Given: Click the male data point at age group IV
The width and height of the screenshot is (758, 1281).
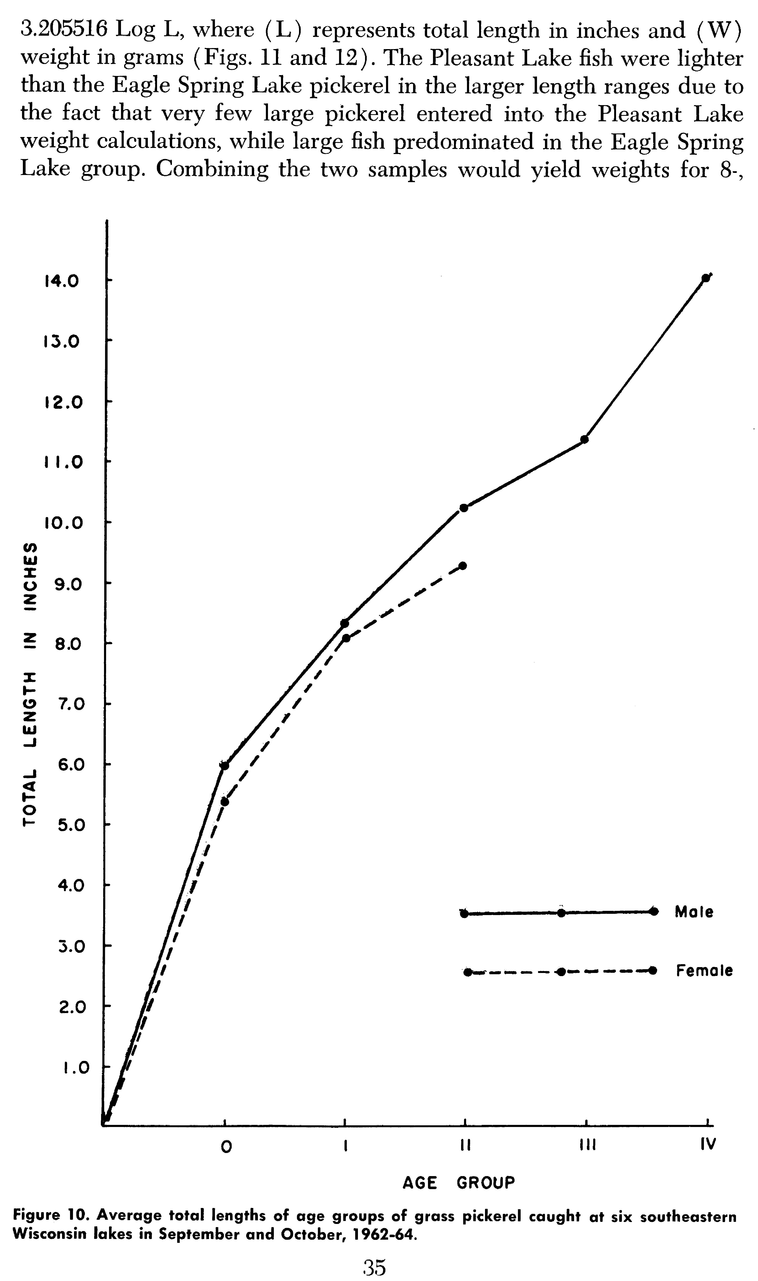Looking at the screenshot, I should pyautogui.click(x=705, y=278).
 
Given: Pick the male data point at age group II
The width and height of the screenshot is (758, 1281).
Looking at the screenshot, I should pyautogui.click(x=464, y=507).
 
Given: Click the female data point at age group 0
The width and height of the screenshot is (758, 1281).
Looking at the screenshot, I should pyautogui.click(x=225, y=801).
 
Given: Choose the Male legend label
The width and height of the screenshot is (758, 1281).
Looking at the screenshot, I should pyautogui.click(x=694, y=911).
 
